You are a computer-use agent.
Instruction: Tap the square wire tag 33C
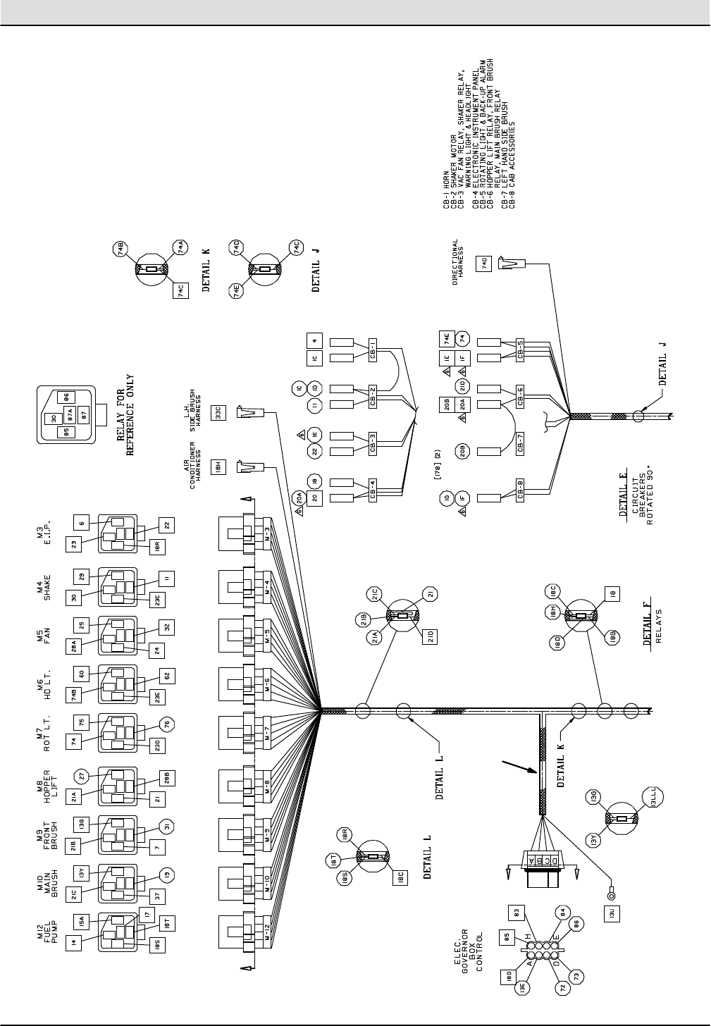pos(218,412)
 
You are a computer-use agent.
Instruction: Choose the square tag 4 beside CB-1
pos(314,340)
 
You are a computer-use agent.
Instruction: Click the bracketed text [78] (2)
pos(438,467)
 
